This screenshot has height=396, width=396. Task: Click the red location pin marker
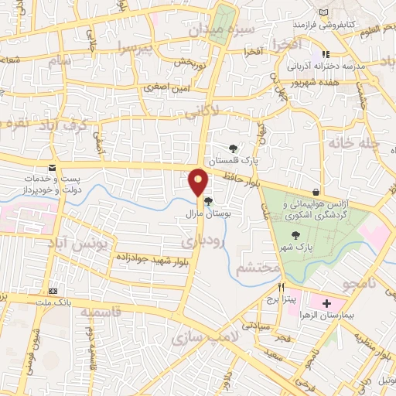coord(199,182)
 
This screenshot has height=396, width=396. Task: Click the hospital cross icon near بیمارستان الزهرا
coord(326,302)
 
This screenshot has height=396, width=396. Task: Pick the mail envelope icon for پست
coord(51,169)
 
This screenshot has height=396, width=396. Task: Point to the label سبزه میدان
coord(218,31)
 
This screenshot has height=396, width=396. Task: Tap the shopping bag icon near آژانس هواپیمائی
coord(316,193)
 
